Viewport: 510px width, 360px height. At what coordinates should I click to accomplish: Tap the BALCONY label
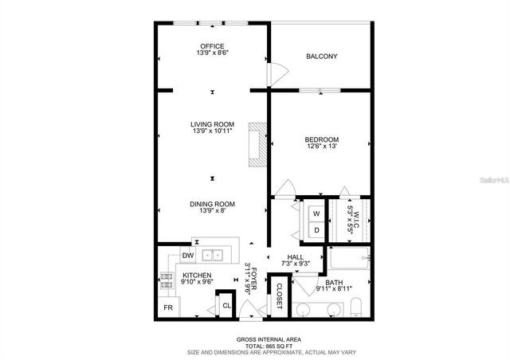(x=322, y=57)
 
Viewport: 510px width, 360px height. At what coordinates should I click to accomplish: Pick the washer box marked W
(x=316, y=214)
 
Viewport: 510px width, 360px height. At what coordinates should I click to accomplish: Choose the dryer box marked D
(x=316, y=230)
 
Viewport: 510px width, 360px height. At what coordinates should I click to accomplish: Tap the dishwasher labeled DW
(x=188, y=256)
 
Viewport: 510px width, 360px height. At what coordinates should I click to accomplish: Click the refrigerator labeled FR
(x=168, y=307)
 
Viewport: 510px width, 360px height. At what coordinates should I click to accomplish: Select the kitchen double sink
(x=212, y=255)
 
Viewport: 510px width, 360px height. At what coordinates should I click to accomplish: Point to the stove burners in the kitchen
(x=167, y=280)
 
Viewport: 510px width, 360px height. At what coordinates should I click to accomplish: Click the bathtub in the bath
(x=348, y=258)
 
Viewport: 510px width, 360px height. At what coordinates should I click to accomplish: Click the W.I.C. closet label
(x=355, y=213)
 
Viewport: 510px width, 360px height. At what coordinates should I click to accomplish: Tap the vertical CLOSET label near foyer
(x=280, y=296)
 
